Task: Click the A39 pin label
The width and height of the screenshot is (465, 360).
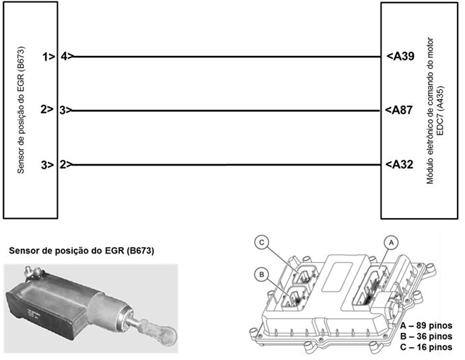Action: pos(402,57)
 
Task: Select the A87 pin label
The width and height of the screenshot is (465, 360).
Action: pos(402,110)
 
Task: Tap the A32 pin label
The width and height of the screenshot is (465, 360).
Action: pos(402,164)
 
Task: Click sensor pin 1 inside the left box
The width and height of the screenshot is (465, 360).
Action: pos(47,57)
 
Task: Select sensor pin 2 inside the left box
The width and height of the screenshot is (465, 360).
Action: pos(47,110)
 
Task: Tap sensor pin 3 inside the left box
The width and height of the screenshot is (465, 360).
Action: pos(47,164)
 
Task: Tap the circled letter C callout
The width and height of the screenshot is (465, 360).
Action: pos(262,243)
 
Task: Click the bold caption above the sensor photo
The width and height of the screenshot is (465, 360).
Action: pos(81,251)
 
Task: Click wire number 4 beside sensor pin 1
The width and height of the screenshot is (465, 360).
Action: pos(63,57)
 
